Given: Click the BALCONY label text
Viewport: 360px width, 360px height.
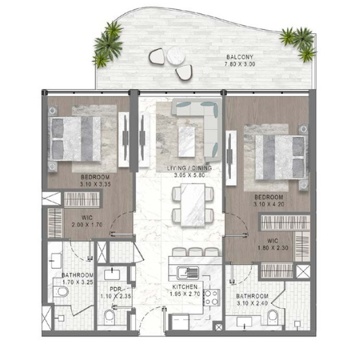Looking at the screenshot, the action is (240, 57).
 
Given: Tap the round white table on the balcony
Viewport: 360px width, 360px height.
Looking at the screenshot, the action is (176, 55).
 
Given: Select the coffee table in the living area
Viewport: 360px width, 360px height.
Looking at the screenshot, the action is (186, 142).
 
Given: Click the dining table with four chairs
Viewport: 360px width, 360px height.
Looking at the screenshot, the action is (192, 205).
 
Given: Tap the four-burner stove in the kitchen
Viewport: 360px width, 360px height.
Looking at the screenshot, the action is (211, 298).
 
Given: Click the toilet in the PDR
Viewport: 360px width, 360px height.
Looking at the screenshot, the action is (109, 317).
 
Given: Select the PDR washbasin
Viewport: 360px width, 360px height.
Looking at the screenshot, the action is (112, 274).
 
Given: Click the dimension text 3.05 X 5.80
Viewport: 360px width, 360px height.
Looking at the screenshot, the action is (189, 176).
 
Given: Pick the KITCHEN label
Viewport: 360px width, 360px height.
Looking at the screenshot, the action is (185, 287).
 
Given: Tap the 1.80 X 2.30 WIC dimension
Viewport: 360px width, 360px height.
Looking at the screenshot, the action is (273, 248).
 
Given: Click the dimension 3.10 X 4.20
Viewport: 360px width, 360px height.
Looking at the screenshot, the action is (269, 204).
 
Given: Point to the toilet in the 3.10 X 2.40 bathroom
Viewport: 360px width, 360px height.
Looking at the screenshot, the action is (273, 317).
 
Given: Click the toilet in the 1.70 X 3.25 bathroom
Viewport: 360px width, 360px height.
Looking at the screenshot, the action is (61, 292).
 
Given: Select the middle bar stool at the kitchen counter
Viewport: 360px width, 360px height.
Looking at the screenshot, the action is (195, 252).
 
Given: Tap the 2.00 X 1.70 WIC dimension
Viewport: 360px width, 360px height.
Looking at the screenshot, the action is (87, 225).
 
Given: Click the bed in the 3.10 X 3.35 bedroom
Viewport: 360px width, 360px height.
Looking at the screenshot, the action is (74, 138).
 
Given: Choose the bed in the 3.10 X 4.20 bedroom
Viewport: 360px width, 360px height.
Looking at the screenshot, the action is (281, 157).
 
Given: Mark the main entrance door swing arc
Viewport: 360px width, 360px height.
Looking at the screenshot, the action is (147, 313).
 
